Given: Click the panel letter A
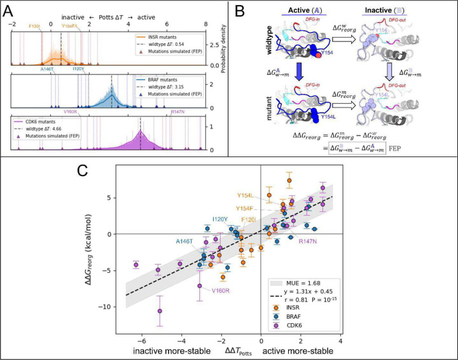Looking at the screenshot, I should [8, 9].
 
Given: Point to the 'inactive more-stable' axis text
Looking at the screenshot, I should [174, 351].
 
